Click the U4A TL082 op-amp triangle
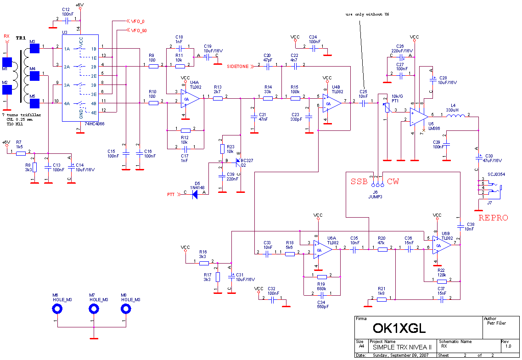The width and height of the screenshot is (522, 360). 189,99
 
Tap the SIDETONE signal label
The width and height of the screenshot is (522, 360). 237,67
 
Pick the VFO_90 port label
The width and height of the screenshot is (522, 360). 139,31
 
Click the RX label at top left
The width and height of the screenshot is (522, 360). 6,36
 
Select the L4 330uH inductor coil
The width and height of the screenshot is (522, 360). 455,116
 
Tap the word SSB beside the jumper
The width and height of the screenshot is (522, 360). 359,181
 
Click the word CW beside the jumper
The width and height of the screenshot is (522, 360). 393,181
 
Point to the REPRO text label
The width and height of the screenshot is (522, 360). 494,218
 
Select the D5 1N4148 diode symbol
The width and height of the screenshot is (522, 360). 195,195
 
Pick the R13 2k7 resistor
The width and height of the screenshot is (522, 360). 218,98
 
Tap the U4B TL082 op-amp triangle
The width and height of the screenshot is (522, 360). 331,103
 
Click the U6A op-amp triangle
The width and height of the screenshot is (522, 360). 323,249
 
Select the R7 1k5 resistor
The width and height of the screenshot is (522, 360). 21,153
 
